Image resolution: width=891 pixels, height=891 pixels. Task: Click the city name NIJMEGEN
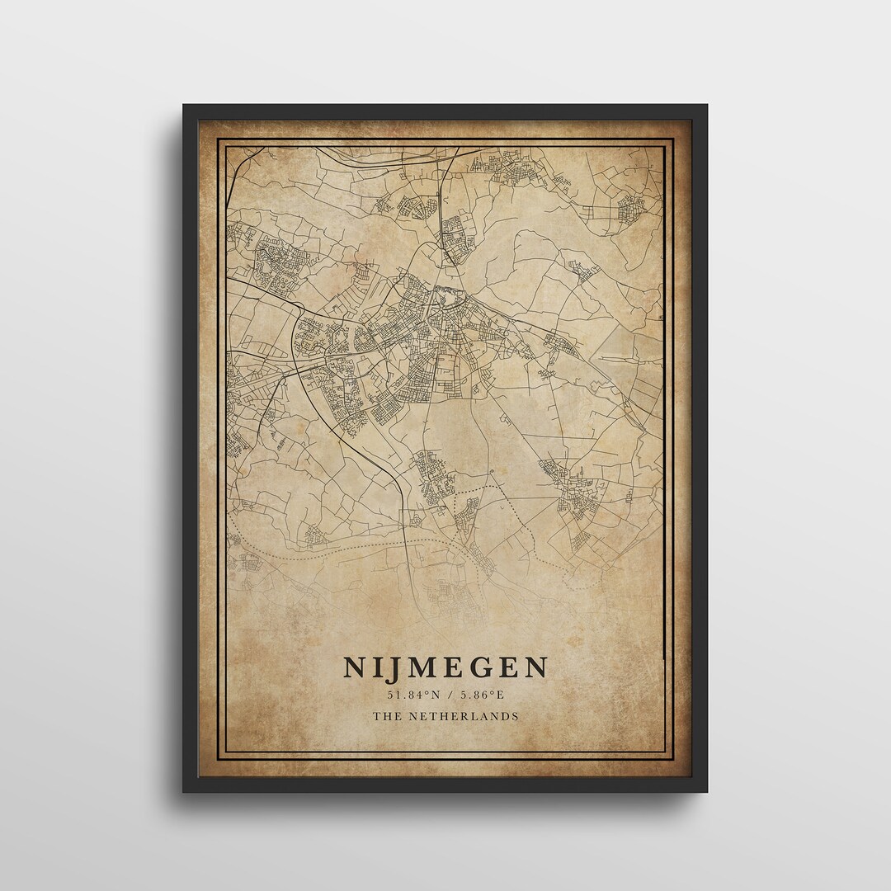pos(445,667)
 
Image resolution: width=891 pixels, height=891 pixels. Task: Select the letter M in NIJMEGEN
pos(424,667)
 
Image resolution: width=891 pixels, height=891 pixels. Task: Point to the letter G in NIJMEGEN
pos(480,667)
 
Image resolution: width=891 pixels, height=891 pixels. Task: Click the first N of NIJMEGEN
pos(356,667)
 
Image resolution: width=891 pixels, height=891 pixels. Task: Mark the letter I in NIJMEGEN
pos(379,667)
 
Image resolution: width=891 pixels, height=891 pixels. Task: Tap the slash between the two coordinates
pos(446,694)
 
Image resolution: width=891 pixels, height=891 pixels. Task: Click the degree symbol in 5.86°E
pos(496,691)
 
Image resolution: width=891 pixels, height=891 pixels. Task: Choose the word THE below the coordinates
pos(384,716)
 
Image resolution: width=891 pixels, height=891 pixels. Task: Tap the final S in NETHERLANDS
pos(516,716)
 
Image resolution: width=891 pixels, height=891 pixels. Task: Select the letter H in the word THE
pos(384,716)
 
